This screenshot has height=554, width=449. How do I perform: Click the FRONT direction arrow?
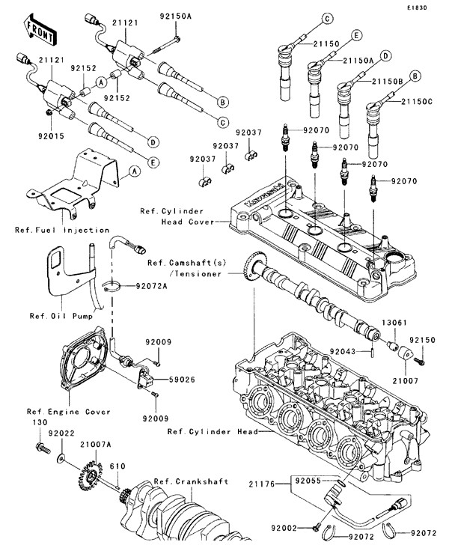click(40, 28)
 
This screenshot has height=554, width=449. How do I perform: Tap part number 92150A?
click(175, 14)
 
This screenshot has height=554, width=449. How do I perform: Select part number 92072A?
click(153, 286)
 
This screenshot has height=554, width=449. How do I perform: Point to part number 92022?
click(60, 433)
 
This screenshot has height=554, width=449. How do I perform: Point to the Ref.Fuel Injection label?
click(61, 230)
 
